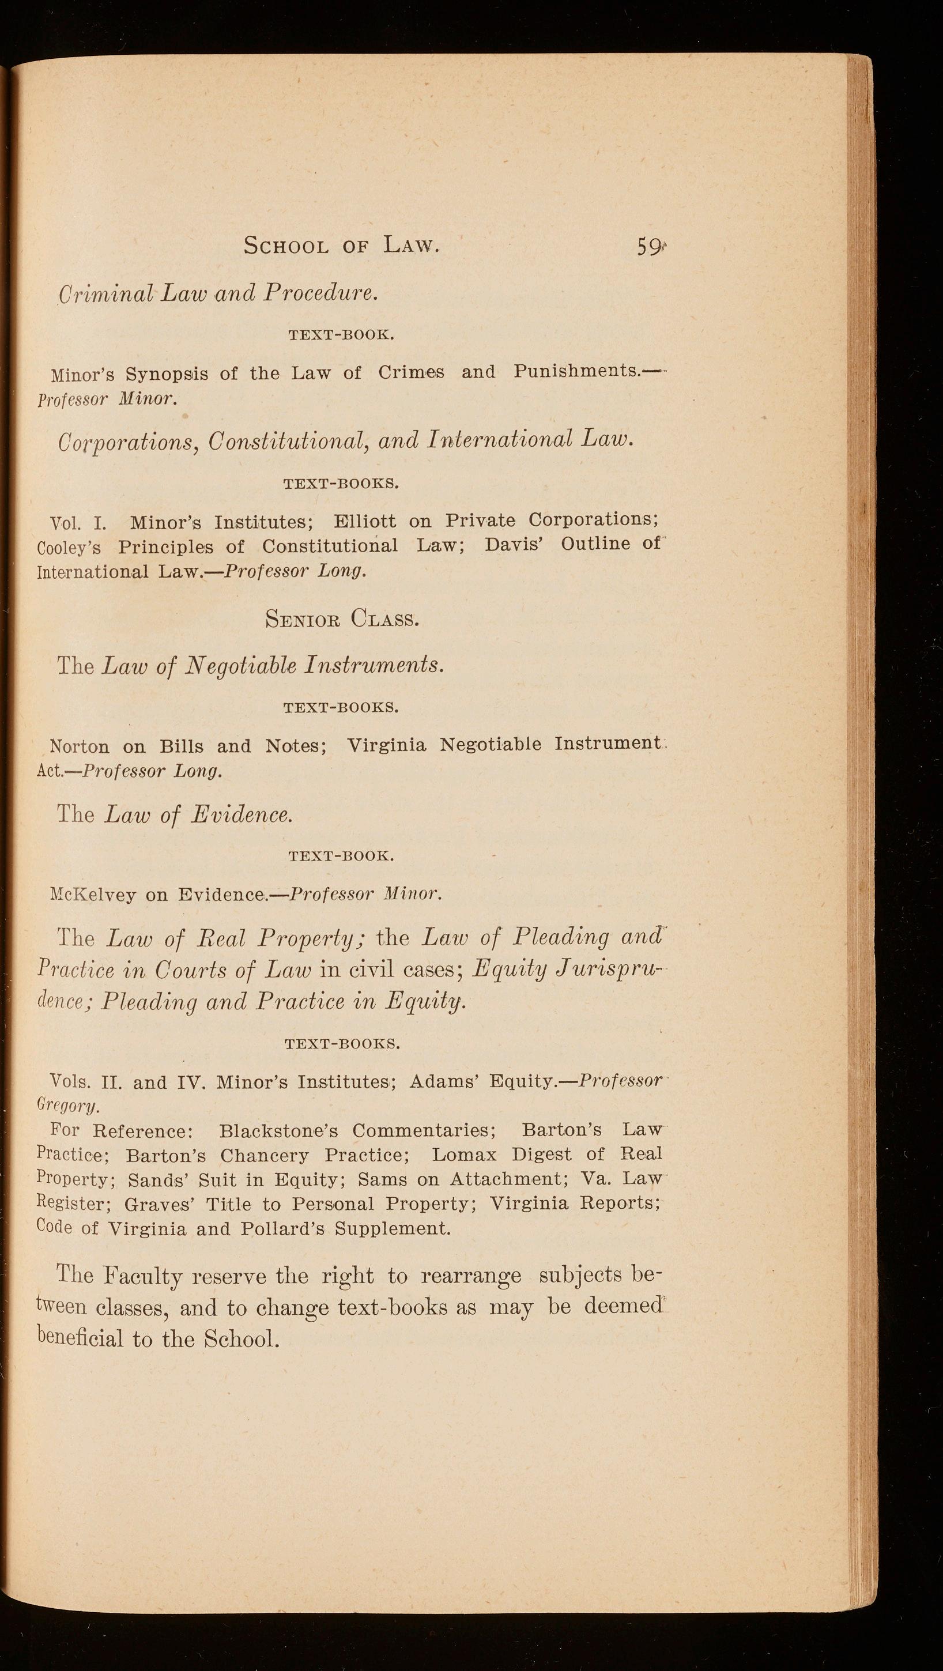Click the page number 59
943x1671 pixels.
click(x=649, y=247)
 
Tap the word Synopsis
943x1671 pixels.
click(x=167, y=374)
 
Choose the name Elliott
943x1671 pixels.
click(x=364, y=522)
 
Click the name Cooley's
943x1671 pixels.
click(x=69, y=548)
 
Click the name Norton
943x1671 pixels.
click(x=80, y=746)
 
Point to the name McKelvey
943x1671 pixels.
click(x=93, y=896)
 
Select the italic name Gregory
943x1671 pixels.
click(x=67, y=1106)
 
